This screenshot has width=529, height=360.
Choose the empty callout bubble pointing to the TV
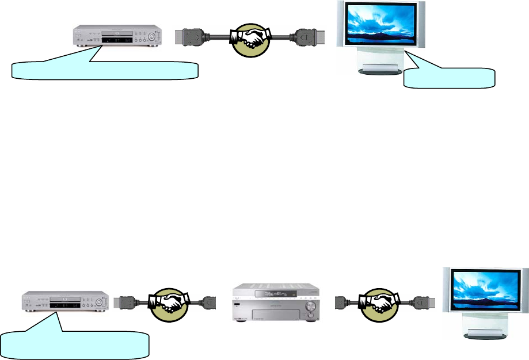click(450, 78)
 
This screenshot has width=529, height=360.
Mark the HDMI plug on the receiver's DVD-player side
click(211, 301)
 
